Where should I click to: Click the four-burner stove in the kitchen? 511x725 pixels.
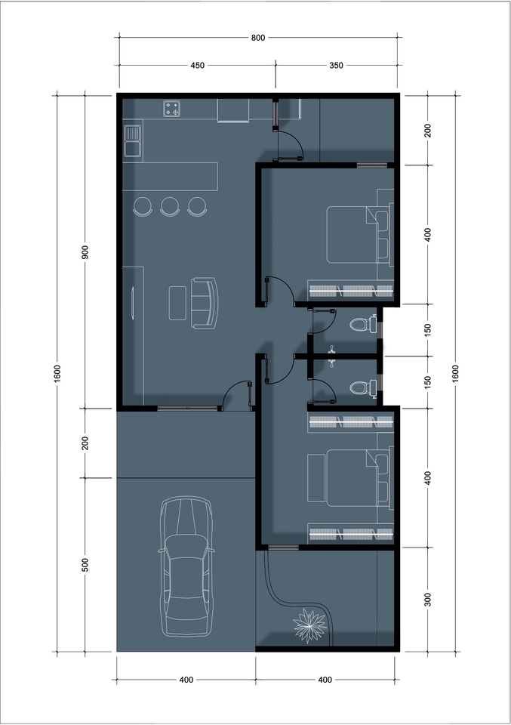[173, 109]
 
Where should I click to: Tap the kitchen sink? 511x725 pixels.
[134, 140]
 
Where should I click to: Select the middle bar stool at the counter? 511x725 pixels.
[170, 206]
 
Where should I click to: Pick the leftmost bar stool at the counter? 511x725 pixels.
[143, 206]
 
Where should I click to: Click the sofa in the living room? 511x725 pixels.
[204, 303]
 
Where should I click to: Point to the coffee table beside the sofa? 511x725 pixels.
[178, 303]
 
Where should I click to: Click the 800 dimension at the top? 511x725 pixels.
[257, 37]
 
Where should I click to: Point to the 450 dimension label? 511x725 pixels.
[196, 66]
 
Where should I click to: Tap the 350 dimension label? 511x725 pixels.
[336, 66]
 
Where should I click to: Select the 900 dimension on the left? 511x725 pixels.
[85, 252]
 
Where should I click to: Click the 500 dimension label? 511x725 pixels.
[85, 565]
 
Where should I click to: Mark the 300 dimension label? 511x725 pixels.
[428, 600]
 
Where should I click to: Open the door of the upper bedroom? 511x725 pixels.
[278, 292]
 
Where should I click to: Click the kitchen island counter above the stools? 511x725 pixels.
[171, 176]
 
